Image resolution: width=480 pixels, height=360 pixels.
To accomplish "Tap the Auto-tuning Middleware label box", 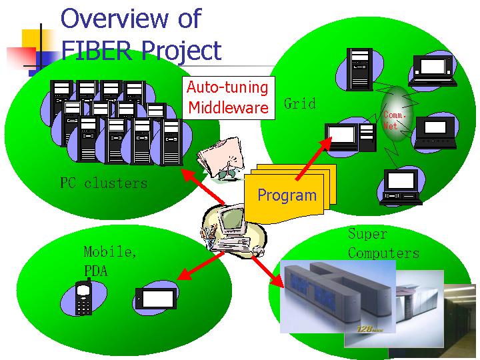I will coord(228,97).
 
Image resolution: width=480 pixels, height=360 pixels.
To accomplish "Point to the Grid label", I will coord(300,103).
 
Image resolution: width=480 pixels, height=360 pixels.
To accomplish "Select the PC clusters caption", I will coord(103,183).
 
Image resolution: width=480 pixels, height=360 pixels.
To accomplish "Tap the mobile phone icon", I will coord(84,299).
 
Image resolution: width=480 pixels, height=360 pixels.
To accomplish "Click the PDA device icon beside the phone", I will coord(155,299).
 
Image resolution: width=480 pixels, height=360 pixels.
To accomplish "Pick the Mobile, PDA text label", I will coord(110,261).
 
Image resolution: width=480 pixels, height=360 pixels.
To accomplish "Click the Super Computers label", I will coord(383,243).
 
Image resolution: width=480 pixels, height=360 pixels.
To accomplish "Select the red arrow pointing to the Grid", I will coord(311,160).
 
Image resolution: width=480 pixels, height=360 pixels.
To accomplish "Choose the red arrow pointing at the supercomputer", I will coord(265,267).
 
